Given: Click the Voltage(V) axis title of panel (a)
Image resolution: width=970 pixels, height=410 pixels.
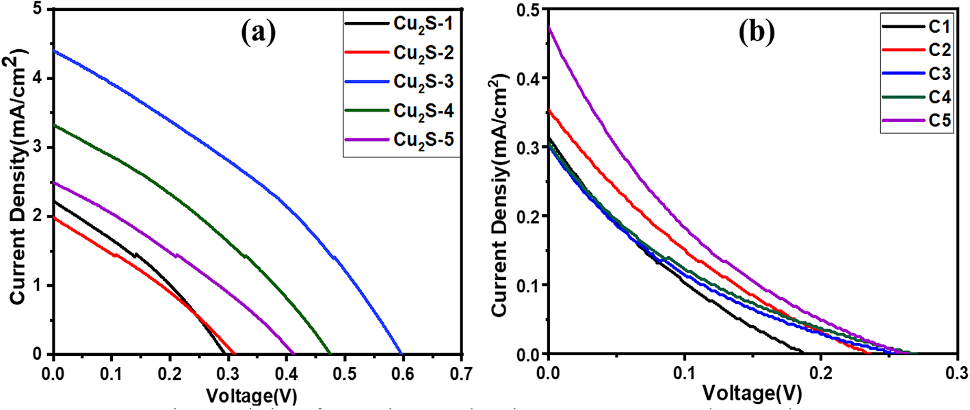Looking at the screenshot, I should coord(258,396).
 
